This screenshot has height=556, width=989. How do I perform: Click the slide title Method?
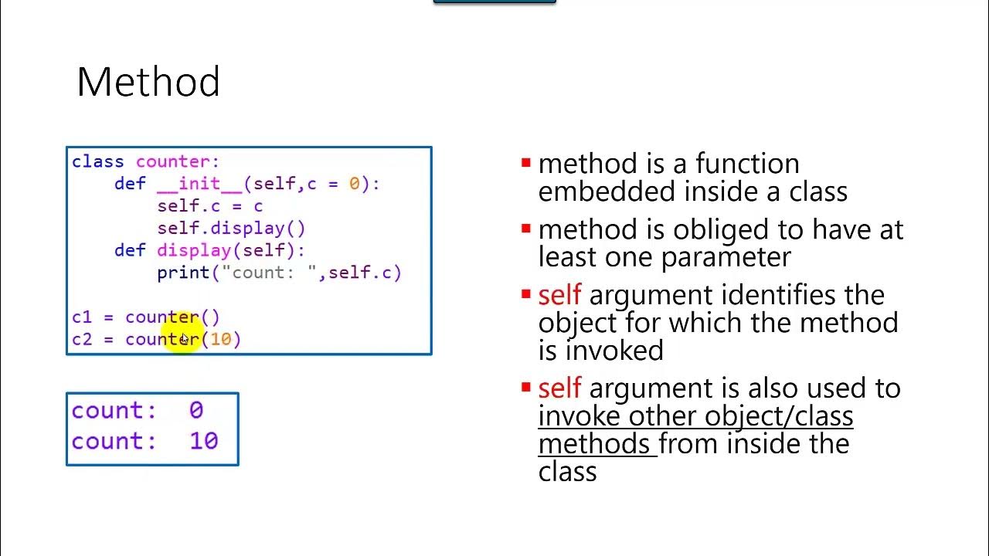pyautogui.click(x=148, y=82)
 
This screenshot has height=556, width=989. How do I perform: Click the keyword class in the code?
pyautogui.click(x=97, y=162)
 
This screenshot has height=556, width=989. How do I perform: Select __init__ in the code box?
pyautogui.click(x=199, y=185)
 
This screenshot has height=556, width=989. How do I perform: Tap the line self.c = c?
pyautogui.click(x=209, y=206)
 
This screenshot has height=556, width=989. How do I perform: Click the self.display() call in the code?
pyautogui.click(x=231, y=229)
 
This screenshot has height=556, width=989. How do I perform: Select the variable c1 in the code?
pyautogui.click(x=81, y=317)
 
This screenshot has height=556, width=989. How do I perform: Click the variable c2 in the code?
pyautogui.click(x=81, y=340)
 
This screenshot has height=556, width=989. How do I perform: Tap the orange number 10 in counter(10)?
pyautogui.click(x=220, y=340)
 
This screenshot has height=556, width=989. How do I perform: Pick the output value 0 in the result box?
pyautogui.click(x=195, y=411)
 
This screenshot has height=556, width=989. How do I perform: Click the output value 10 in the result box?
pyautogui.click(x=203, y=442)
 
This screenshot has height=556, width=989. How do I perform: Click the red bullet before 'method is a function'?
pyautogui.click(x=526, y=163)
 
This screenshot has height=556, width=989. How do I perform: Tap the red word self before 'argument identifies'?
pyautogui.click(x=559, y=296)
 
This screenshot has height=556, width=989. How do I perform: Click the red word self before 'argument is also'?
pyautogui.click(x=559, y=388)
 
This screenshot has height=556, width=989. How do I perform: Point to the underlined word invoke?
pyautogui.click(x=579, y=416)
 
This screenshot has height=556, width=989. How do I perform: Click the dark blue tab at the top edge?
pyautogui.click(x=494, y=2)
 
